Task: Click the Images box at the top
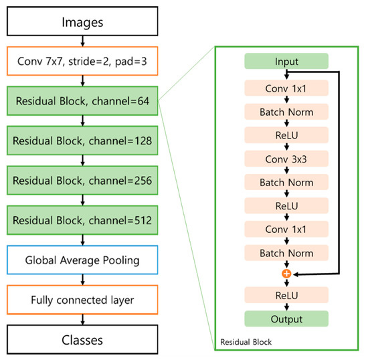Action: (x=82, y=22)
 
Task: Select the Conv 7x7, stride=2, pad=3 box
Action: (x=82, y=64)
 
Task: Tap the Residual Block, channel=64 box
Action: (x=82, y=103)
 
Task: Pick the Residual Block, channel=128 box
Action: (x=82, y=141)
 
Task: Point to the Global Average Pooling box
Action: (x=82, y=260)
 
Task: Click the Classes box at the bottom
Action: (x=82, y=339)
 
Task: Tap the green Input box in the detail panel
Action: (x=286, y=62)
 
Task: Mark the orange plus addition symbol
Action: (x=286, y=274)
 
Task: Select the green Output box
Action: (x=286, y=319)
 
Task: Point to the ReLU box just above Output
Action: (x=286, y=295)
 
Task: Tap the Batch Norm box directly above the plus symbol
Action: (x=286, y=253)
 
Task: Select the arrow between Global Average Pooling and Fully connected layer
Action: (x=82, y=279)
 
